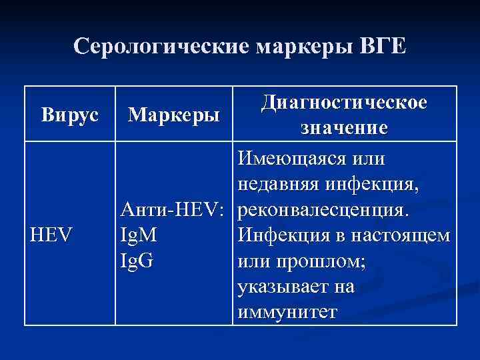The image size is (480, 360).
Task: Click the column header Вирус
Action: tap(69, 114)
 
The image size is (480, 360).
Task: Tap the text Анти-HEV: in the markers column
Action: tap(175, 210)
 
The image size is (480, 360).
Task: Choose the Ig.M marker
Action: tap(139, 235)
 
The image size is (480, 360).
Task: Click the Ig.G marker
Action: tap(137, 259)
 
